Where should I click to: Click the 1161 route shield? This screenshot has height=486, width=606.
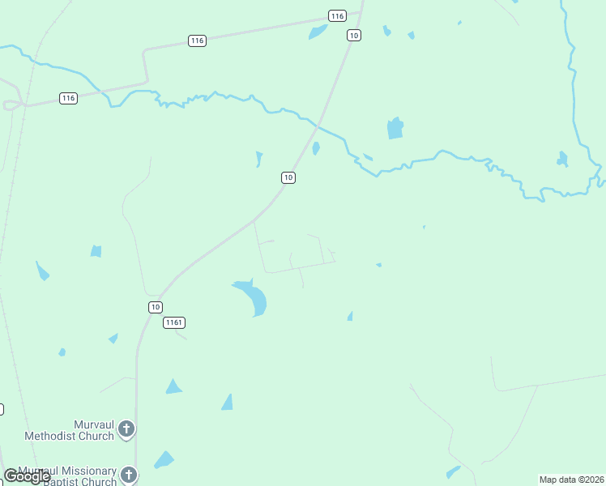[174, 322]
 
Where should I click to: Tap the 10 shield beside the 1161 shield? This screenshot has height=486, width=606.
[156, 307]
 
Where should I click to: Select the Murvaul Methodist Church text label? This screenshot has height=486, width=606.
[69, 430]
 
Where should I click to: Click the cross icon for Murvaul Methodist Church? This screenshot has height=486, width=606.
[126, 429]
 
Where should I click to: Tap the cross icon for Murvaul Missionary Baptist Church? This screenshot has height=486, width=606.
[129, 475]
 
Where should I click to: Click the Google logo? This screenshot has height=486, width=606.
[27, 476]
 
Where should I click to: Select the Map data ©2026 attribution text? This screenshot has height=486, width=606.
[572, 480]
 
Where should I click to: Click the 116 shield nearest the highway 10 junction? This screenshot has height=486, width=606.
[337, 16]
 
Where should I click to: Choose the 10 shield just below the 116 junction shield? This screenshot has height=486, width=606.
[353, 35]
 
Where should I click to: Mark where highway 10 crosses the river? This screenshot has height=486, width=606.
[318, 126]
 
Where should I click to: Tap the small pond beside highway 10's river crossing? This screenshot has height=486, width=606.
[316, 148]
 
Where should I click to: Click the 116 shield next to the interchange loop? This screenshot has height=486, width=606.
[68, 98]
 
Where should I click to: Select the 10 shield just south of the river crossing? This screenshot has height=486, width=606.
[288, 177]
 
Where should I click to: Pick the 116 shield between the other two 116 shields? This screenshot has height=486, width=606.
[197, 40]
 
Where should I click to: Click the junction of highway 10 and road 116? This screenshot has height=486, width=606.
[361, 11]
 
